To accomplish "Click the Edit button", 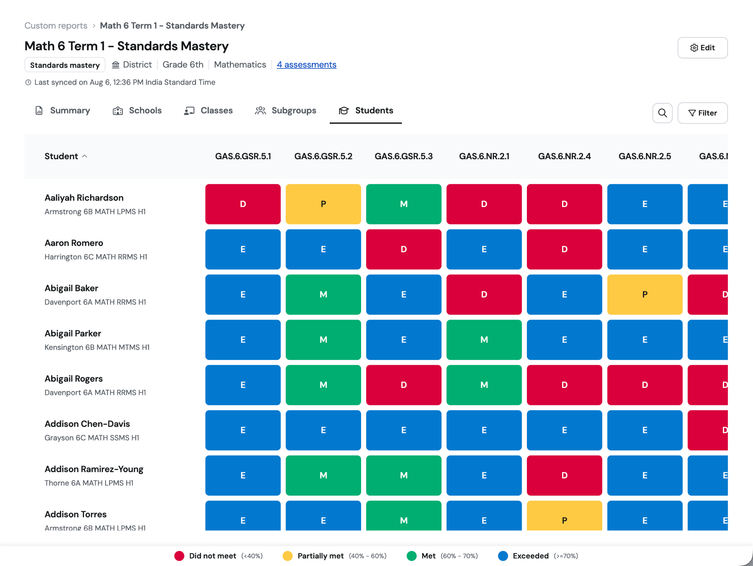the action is coord(702,48).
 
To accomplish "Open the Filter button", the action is coord(702,113).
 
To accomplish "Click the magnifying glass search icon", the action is coord(662,113).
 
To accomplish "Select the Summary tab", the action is coord(63,111).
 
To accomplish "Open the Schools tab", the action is coord(137,111).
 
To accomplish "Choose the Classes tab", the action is coord(208,111).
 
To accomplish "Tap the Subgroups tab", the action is coord(286,111).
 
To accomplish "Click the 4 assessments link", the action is coord(306,65).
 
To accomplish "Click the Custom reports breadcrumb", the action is coord(56,26).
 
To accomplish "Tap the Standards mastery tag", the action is coord(65,65).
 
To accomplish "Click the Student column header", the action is coord(65,156).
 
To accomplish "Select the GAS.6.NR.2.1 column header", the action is coord(484,156).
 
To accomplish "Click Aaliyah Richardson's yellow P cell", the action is coord(323,204).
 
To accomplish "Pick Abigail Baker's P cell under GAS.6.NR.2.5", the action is coord(645,295).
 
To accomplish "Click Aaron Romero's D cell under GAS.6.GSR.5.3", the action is coord(403,249).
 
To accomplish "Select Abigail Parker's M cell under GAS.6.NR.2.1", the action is coord(484,340).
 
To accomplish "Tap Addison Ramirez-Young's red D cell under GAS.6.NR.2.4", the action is coord(564,476).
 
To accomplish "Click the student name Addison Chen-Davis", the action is coord(87,424).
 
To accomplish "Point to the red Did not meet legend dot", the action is coord(179,556).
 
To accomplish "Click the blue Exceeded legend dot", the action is coord(503,556).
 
